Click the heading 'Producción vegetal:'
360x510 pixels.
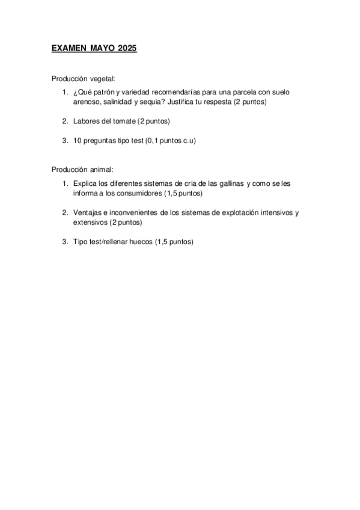click(83, 79)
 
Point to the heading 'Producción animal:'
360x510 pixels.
click(82, 170)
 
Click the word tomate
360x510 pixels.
click(122, 121)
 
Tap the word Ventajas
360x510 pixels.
click(87, 212)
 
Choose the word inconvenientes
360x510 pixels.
click(132, 212)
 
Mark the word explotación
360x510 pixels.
click(234, 212)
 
